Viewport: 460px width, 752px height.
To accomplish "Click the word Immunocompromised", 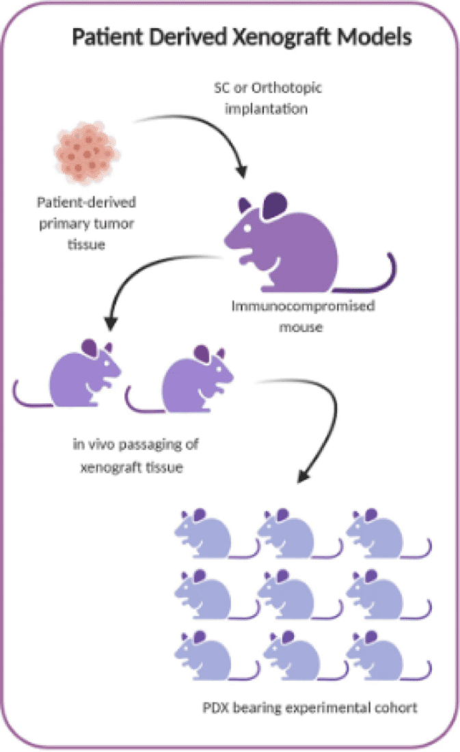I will click(302, 307).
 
